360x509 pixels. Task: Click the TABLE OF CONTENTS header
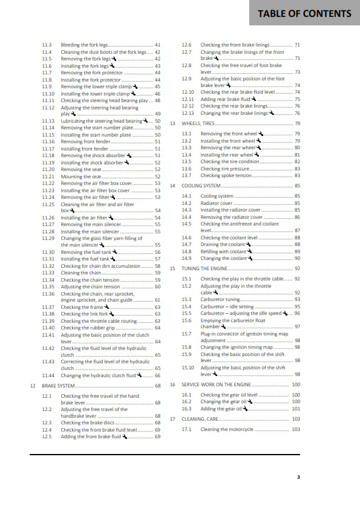click(x=304, y=13)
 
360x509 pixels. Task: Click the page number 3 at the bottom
click(x=298, y=477)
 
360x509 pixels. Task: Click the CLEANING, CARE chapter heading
click(x=200, y=419)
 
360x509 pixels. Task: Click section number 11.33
click(x=48, y=273)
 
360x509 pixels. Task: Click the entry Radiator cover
click(x=216, y=203)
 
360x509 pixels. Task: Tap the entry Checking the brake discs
click(x=83, y=423)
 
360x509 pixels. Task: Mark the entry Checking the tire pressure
click(x=226, y=169)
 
